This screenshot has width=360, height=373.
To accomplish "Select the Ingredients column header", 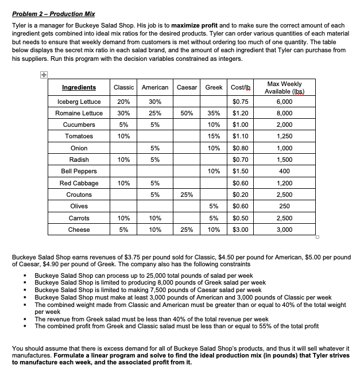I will tap(79, 87).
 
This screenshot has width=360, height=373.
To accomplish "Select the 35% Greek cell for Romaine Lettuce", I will tap(214, 113).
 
